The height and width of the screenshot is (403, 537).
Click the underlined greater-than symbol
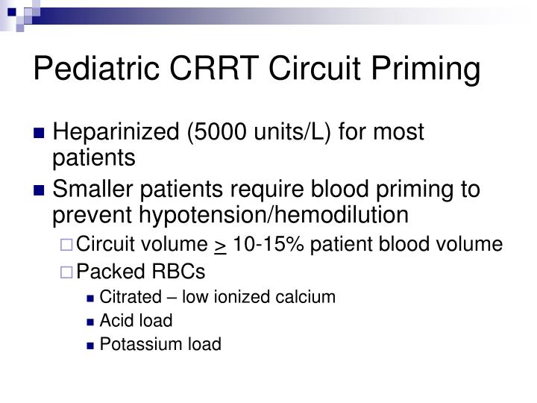[220, 245]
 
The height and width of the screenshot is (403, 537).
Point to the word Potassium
[135, 344]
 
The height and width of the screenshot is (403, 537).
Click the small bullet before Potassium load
[90, 345]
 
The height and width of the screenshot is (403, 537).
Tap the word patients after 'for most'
[94, 158]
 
